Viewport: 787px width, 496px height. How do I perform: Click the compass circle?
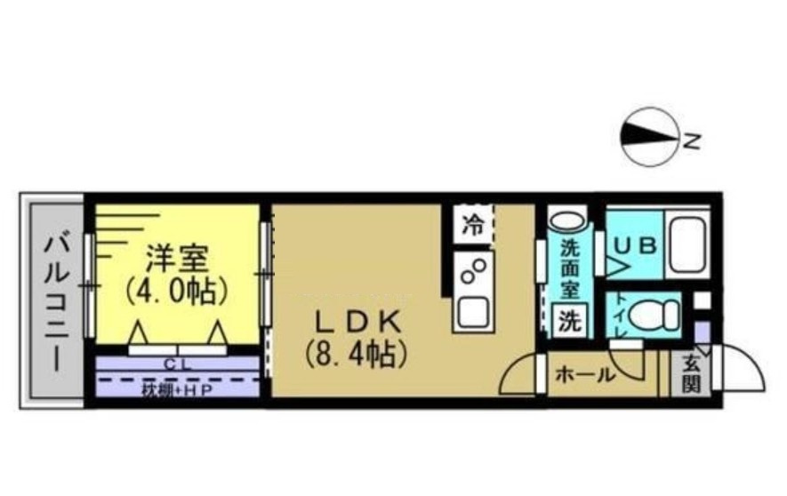(x=648, y=138)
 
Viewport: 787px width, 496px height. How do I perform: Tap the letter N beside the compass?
(x=694, y=140)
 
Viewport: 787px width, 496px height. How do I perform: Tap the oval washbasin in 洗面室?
(x=566, y=220)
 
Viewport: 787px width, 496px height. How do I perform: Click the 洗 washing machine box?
(x=568, y=321)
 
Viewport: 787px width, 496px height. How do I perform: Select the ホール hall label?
(x=585, y=376)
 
